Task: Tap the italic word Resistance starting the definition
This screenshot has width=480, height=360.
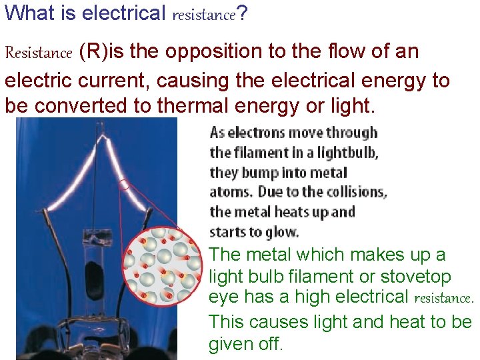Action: (38, 53)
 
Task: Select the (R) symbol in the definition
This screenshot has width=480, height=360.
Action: (91, 52)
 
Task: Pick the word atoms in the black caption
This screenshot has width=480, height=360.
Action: (227, 192)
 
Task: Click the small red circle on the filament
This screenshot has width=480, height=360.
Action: (124, 185)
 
